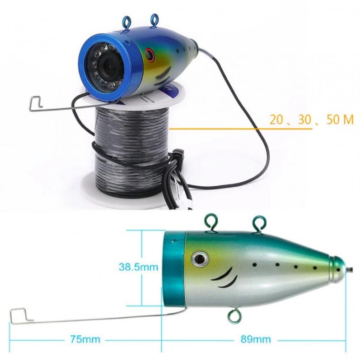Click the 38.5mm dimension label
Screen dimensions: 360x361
tap(139, 267)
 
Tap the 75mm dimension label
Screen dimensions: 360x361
tap(85, 339)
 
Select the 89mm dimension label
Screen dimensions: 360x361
tap(256, 339)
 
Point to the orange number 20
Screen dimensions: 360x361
tap(276, 120)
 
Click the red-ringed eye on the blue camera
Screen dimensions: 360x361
tap(150, 55)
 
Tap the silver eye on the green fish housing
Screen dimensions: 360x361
tap(200, 259)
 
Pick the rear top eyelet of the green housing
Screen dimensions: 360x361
tap(260, 223)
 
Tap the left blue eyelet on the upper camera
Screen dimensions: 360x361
tap(126, 22)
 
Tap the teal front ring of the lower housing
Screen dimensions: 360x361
tap(174, 270)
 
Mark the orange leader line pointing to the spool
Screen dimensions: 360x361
tap(241, 129)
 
